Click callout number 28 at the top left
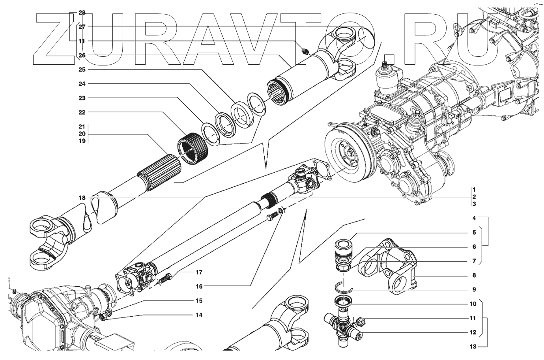click(82, 13)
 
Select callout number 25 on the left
click(82, 70)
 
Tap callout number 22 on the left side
click(82, 112)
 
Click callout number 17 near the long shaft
click(198, 272)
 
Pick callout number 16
click(198, 286)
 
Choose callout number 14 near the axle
click(198, 315)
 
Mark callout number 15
click(198, 301)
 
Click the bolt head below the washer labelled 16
click(271, 217)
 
